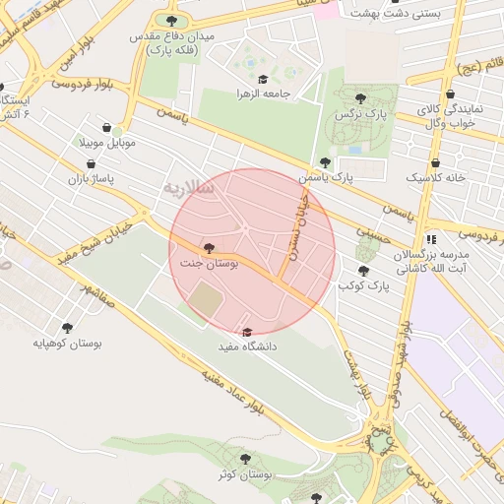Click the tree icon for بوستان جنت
(208, 247)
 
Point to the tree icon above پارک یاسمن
(325, 162)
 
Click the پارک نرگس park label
(360, 114)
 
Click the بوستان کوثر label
(246, 475)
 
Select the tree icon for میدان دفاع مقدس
(172, 21)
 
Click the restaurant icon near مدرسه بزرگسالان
(431, 238)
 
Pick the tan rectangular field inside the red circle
(206, 301)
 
